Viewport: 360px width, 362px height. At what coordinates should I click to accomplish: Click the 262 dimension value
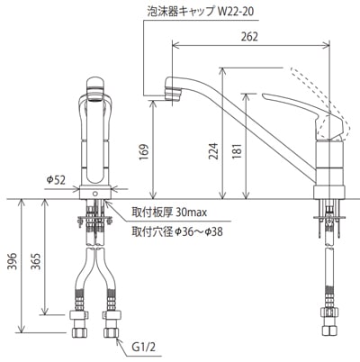click(x=249, y=36)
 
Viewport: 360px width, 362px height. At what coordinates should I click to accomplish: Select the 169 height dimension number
click(x=144, y=152)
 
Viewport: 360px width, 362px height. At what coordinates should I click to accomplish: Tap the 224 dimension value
click(x=213, y=150)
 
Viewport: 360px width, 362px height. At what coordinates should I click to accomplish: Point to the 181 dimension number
click(x=237, y=151)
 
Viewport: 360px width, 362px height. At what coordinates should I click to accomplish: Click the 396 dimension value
click(x=12, y=261)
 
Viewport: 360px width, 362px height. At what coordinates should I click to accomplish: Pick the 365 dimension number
click(x=36, y=261)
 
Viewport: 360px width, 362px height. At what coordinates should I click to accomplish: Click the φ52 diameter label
click(x=56, y=180)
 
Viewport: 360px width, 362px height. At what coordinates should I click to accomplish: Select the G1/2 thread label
click(x=144, y=348)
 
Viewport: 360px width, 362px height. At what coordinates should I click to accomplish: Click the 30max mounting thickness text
click(x=192, y=213)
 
